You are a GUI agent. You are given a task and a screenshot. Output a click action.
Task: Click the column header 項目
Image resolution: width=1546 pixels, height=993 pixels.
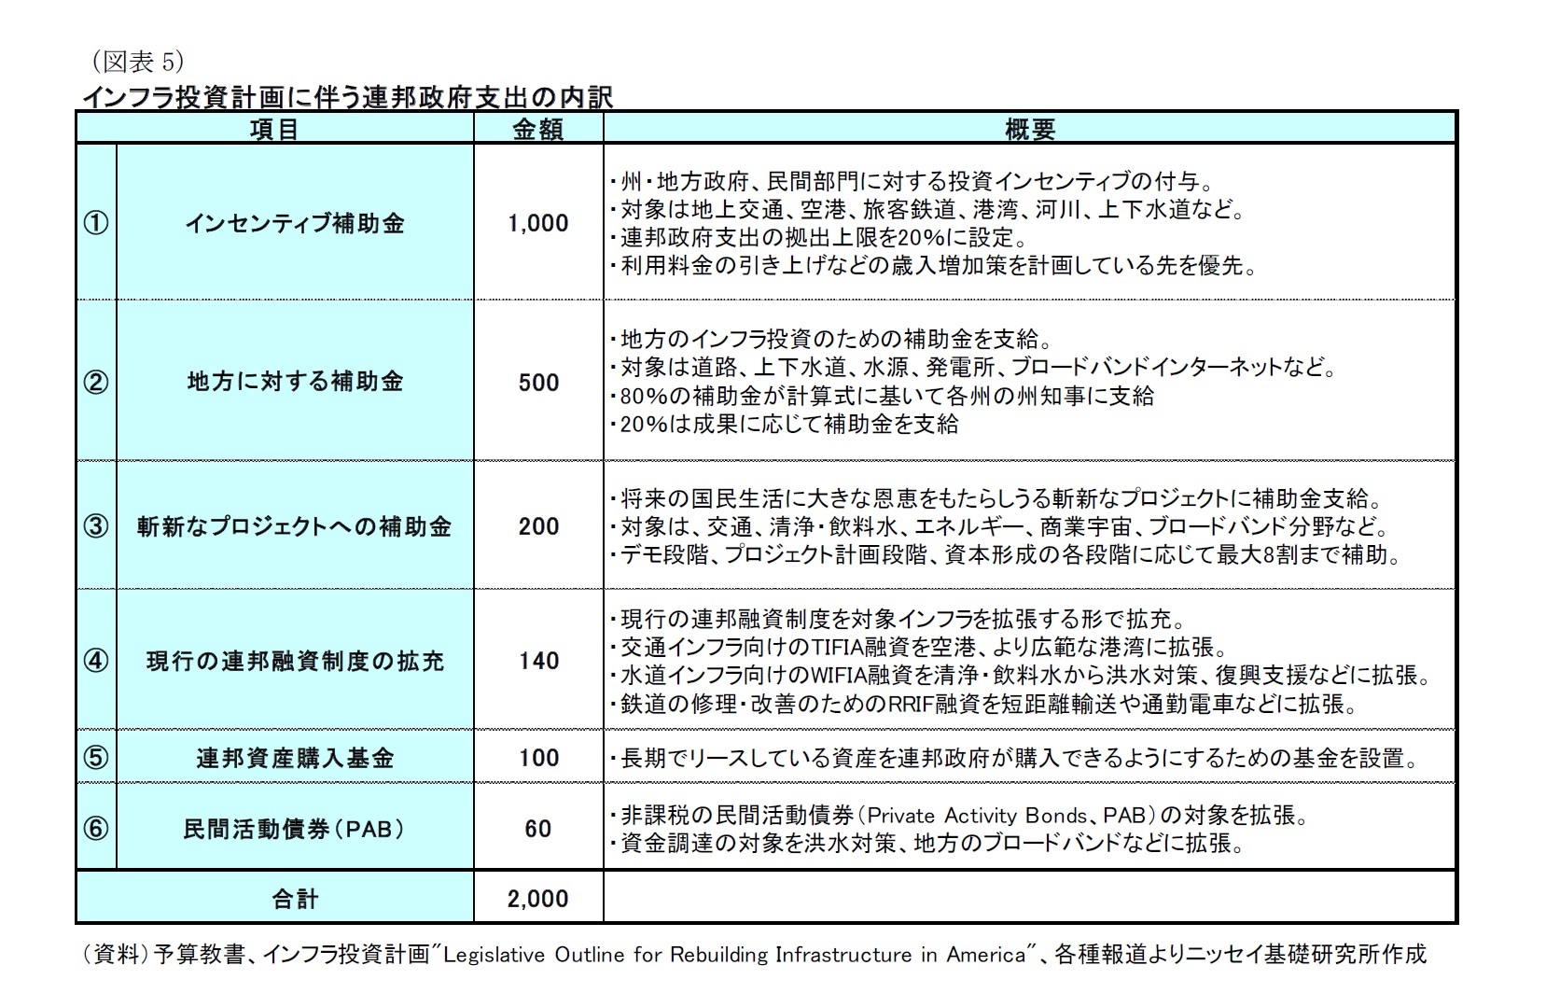click(x=274, y=130)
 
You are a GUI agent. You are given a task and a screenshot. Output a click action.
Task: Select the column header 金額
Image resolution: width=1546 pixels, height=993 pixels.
click(x=538, y=130)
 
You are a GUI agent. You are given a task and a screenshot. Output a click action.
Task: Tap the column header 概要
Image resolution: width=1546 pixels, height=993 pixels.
click(x=1029, y=130)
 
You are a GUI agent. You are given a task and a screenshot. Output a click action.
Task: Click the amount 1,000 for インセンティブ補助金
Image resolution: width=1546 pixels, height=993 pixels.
click(x=538, y=223)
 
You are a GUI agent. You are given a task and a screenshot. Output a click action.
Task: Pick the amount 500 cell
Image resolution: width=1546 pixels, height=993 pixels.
click(x=538, y=383)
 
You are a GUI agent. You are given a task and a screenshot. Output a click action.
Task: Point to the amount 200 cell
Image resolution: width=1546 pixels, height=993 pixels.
click(x=538, y=526)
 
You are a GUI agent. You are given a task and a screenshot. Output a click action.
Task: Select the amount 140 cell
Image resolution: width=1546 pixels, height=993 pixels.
click(x=538, y=661)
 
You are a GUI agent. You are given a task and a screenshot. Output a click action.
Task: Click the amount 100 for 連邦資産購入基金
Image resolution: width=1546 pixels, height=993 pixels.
click(x=538, y=758)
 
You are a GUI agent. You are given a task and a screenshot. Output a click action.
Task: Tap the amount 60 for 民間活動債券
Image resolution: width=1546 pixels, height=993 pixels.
click(x=538, y=829)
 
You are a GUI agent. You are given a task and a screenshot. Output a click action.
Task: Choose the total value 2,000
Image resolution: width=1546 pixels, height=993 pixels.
click(x=538, y=899)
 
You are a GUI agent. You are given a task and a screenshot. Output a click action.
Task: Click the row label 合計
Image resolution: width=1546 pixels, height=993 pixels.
click(x=295, y=899)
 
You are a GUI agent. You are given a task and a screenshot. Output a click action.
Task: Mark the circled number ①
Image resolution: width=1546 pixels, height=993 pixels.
click(x=96, y=224)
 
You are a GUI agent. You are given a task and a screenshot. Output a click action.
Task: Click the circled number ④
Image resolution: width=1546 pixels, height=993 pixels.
click(x=96, y=661)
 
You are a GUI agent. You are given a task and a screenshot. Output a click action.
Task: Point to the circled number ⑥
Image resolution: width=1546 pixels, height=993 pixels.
click(x=96, y=829)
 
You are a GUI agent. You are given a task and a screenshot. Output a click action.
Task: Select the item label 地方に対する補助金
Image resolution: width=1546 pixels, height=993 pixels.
click(x=295, y=382)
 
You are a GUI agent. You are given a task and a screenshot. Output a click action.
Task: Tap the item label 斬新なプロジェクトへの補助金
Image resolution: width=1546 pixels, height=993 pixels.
click(x=295, y=526)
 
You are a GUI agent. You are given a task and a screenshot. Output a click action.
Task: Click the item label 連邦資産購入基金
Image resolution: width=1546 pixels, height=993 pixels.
click(x=295, y=758)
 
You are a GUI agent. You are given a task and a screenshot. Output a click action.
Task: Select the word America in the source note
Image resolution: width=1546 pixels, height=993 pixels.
click(x=986, y=955)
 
